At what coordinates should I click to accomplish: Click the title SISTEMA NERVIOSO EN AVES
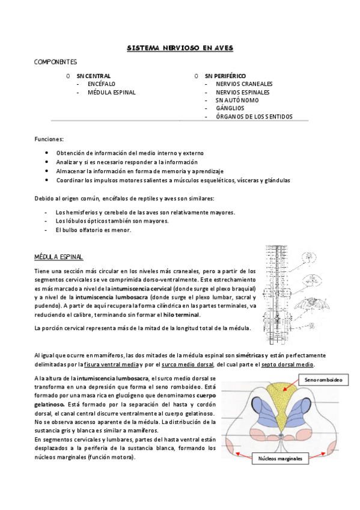180,48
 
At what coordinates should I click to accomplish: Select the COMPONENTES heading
55,62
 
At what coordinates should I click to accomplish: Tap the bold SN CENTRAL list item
94,76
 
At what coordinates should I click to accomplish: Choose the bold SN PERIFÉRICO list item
225,76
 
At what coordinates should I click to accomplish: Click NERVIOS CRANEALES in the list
244,84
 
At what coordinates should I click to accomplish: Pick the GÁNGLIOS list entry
230,108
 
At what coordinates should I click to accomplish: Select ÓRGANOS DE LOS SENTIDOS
254,116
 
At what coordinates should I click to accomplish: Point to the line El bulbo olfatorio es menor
93,230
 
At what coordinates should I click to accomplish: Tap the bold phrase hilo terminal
182,315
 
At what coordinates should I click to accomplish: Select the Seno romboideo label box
323,381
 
